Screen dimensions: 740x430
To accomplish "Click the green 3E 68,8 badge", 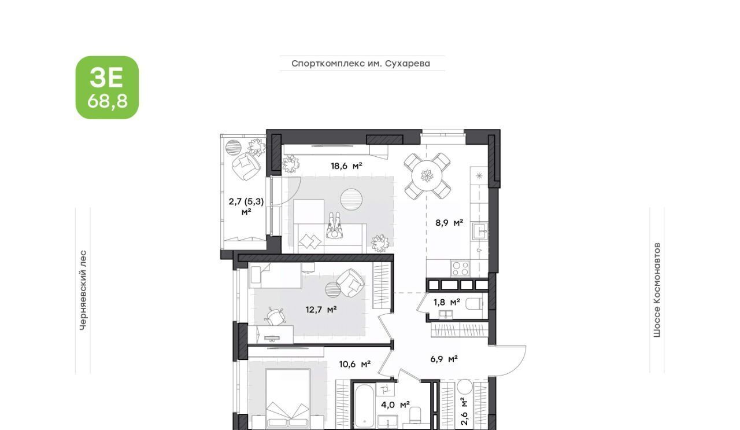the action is coord(107,87).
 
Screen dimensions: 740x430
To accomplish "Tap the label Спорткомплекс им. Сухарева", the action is coord(361,64).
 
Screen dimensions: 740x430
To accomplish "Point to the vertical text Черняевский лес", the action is coord(83,290).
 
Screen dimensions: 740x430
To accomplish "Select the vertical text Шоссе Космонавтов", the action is coord(657,290).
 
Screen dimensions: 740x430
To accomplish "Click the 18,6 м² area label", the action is coord(346,166).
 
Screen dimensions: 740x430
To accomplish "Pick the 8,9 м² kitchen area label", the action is coord(449,223).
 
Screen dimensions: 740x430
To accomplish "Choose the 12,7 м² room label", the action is coord(321,310).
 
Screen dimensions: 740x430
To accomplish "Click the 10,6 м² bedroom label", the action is coord(354,364).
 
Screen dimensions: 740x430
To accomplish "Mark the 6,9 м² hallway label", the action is coord(444,359).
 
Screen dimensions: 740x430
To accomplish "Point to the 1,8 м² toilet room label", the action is coord(447,302).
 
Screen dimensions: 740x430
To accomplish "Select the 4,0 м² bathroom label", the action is coord(395,405).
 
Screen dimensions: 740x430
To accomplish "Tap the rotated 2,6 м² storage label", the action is coord(464,411).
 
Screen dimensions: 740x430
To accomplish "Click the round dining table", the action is coord(427,175).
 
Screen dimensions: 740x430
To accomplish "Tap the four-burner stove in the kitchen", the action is coord(461,269).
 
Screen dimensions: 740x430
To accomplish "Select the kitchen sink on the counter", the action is coord(480,231).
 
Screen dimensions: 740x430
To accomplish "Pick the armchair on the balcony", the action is coord(246,166).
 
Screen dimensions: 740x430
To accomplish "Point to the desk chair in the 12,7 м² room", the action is coord(275,316).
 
